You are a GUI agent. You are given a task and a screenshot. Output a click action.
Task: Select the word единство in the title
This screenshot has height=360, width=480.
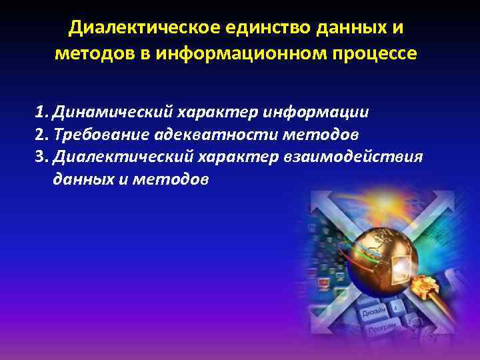coord(251,27)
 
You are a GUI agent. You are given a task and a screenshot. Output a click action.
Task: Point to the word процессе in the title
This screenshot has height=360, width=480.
coord(379,53)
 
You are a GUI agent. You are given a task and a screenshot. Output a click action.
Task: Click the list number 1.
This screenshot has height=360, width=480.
coord(41,111)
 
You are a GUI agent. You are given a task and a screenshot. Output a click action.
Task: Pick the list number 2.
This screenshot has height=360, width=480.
coord(41,134)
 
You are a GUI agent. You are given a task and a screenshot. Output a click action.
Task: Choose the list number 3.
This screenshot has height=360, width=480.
coord(41,157)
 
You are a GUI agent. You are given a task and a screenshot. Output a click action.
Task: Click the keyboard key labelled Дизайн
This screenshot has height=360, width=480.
coord(374,312)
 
